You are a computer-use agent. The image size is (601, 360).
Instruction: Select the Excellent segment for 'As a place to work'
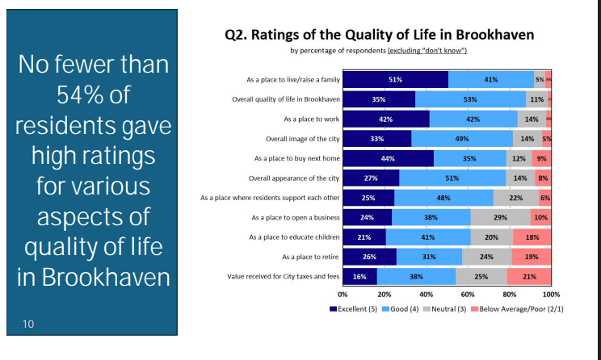coord(386,119)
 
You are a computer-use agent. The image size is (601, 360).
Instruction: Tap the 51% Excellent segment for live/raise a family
coord(395,79)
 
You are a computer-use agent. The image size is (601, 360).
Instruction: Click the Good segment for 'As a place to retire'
coord(430,257)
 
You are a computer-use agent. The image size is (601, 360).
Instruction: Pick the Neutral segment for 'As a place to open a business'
coord(500,217)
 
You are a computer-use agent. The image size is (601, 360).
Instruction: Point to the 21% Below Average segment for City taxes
coord(529,276)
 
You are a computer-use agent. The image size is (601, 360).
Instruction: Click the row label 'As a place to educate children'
coord(295,237)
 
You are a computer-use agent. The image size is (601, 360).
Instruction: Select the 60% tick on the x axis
coord(468,295)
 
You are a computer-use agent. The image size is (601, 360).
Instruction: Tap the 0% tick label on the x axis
coord(343,295)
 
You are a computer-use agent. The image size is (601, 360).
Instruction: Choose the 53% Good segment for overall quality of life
coord(471,99)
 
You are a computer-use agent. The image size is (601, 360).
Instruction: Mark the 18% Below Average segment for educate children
coord(532,237)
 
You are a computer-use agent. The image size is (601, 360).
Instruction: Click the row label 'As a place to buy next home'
coord(297,158)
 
